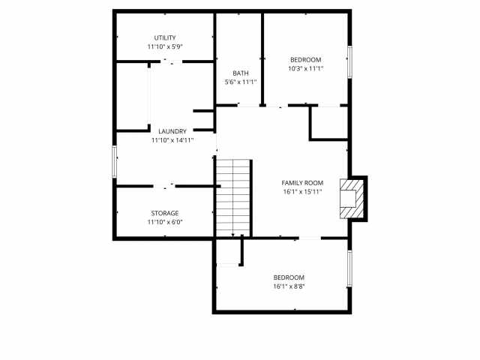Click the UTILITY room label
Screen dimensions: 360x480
point(165,37)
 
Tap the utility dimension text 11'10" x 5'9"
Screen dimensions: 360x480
point(165,46)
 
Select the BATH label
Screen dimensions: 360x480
point(241,73)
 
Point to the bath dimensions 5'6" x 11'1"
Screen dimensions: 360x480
point(241,82)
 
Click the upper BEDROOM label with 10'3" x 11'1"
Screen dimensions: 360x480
point(305,60)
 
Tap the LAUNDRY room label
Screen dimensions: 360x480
point(172,131)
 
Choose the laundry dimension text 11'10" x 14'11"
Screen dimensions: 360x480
point(172,140)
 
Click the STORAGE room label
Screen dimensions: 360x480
point(164,213)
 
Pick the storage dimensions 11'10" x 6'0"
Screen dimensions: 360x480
point(164,222)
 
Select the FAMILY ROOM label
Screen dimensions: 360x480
point(302,183)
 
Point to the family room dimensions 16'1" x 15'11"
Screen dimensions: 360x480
point(302,192)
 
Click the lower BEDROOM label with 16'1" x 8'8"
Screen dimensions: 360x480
point(289,277)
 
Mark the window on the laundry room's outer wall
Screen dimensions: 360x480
point(114,161)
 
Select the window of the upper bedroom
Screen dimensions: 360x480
point(349,61)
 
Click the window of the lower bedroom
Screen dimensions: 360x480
point(349,268)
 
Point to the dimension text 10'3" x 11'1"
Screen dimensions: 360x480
point(305,69)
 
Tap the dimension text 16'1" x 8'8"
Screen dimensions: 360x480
point(289,286)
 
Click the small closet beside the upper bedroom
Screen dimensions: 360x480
point(330,122)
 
